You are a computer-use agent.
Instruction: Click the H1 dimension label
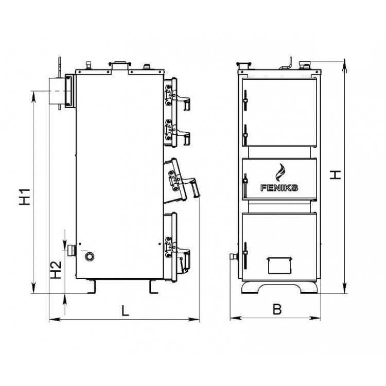pos(25,197)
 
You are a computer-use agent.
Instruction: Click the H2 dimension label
pos(56,270)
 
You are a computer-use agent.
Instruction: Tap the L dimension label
pos(125,310)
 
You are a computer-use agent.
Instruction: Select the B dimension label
pos(277,309)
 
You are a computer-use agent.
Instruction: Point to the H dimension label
pos(335,174)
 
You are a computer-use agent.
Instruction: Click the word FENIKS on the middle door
pos(279,188)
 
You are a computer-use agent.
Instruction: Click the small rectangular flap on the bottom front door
pos(279,266)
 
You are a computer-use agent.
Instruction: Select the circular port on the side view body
pos(90,256)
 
